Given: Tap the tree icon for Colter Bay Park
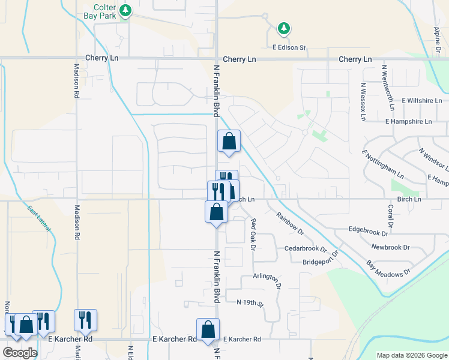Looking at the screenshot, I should pos(125,10).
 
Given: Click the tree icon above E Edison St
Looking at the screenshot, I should pos(283,28).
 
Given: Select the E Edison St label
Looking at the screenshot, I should pos(289,47).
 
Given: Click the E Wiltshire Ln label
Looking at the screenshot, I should pos(422,100).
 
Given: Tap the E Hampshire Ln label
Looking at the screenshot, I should pos(409,121).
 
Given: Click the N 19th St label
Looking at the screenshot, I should pos(250,304).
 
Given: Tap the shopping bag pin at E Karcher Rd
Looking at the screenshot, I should pos(208,329).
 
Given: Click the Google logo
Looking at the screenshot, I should pos(20,353).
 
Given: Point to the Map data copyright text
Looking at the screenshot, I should pos(411,355).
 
